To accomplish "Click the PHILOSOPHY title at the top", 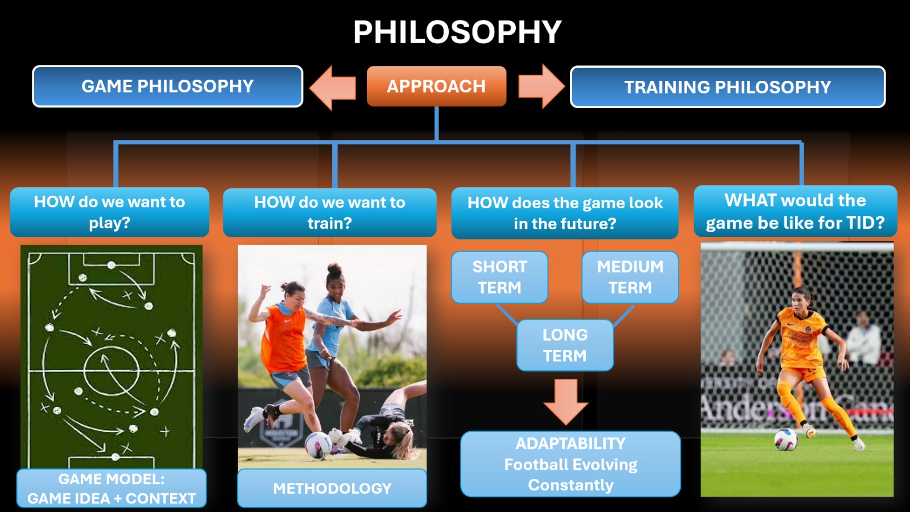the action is tap(457, 32).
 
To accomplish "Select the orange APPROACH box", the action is tap(436, 86).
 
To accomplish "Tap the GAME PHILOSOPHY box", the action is tap(167, 86).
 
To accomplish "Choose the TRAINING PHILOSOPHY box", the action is tap(727, 87).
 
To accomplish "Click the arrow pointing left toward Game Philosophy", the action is tap(332, 88).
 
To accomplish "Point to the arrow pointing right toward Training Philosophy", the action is tap(541, 86).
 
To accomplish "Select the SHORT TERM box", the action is tap(499, 277).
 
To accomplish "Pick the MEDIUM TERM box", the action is tap(630, 277).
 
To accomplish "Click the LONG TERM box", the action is tap(565, 345).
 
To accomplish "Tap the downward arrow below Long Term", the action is tap(565, 402).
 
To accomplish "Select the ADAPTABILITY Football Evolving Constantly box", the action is tap(570, 464).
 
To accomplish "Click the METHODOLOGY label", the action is tap(332, 488).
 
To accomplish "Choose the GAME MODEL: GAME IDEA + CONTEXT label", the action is tap(111, 488).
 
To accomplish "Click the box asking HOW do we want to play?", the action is tap(109, 212).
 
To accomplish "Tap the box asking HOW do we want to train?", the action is tap(329, 213).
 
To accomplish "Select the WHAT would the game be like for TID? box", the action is tap(796, 211).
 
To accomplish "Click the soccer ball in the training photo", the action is tap(318, 445).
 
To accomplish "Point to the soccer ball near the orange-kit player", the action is tap(785, 440).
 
